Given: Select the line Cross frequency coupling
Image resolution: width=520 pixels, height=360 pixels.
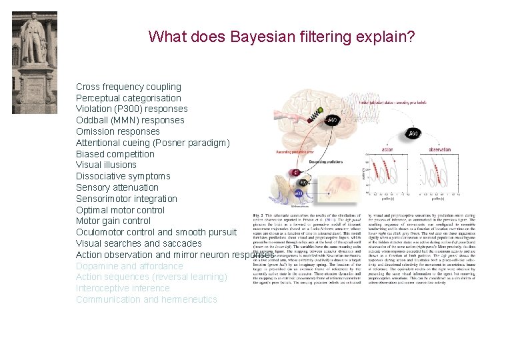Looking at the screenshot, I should click(129, 87).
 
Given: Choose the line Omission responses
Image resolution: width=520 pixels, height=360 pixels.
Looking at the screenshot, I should click(118, 131).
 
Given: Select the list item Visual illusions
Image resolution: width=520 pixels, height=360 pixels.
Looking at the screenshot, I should click(106, 165).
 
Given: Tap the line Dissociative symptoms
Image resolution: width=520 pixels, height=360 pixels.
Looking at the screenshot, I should click(123, 176).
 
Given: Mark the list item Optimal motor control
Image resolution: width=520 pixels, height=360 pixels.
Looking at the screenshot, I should click(120, 210).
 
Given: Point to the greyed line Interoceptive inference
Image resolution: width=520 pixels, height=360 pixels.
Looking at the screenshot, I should click(123, 288).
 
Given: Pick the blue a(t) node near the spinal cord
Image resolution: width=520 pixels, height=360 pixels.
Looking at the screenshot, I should click(299, 193).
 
